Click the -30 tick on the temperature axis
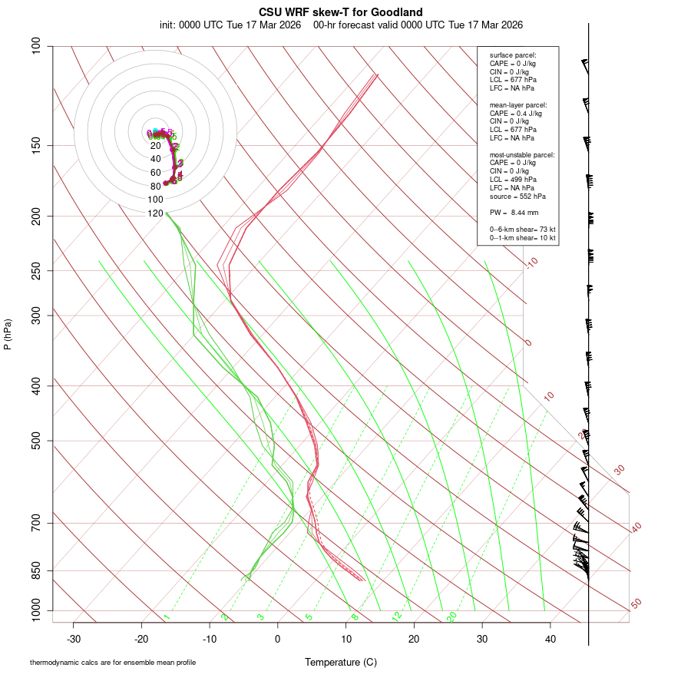[x=74, y=639]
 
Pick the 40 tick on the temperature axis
[x=550, y=639]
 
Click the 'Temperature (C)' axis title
[x=341, y=663]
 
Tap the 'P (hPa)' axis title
[x=8, y=335]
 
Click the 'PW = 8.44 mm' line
[x=514, y=212]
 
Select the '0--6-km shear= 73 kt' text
[x=523, y=230]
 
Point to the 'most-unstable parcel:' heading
[x=522, y=155]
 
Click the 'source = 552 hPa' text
[x=517, y=196]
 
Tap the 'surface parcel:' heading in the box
[x=513, y=55]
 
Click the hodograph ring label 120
[x=155, y=213]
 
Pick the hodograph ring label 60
[x=155, y=173]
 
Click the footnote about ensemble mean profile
[x=112, y=662]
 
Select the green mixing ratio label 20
[x=451, y=617]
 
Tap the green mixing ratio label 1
[x=167, y=617]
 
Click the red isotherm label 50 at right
[x=636, y=604]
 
